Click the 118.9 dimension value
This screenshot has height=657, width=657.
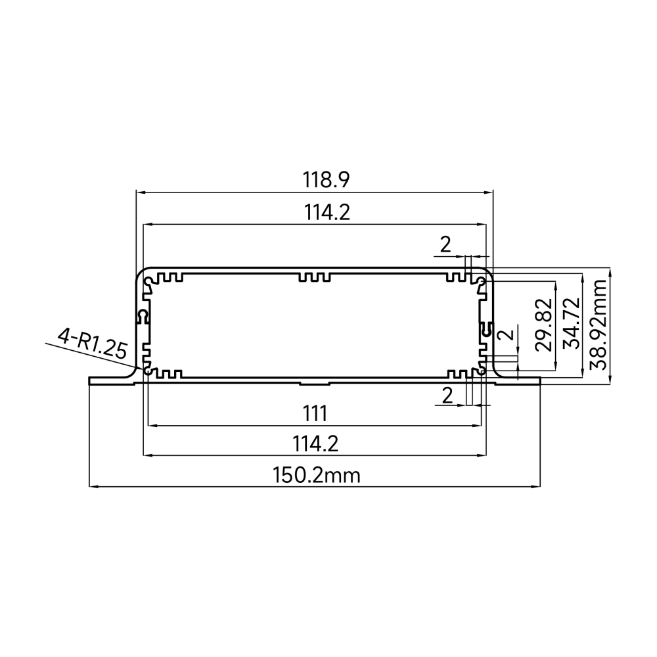coord(326,180)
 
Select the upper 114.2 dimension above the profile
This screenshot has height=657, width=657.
coord(327,212)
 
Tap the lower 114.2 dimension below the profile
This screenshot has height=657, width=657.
coord(315,443)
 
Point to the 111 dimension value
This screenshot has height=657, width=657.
coord(315,414)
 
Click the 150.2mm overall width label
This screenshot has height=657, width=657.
coord(317,476)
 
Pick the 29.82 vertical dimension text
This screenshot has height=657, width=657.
coord(544,325)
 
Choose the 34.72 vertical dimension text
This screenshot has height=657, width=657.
coord(572,323)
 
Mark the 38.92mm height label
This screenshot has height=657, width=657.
coord(598,325)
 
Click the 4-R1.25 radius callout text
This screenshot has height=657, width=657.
coord(92,344)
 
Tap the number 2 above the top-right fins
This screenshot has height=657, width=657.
coord(445,244)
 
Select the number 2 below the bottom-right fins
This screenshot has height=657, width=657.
coord(447,396)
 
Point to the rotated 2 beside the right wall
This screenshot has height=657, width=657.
coord(506,334)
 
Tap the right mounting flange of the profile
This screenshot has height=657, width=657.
coord(518,380)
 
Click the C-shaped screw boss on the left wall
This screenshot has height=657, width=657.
coord(143,317)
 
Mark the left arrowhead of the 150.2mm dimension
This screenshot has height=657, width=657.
coord(93,486)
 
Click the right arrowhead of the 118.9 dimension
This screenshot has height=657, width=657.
coord(489,193)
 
